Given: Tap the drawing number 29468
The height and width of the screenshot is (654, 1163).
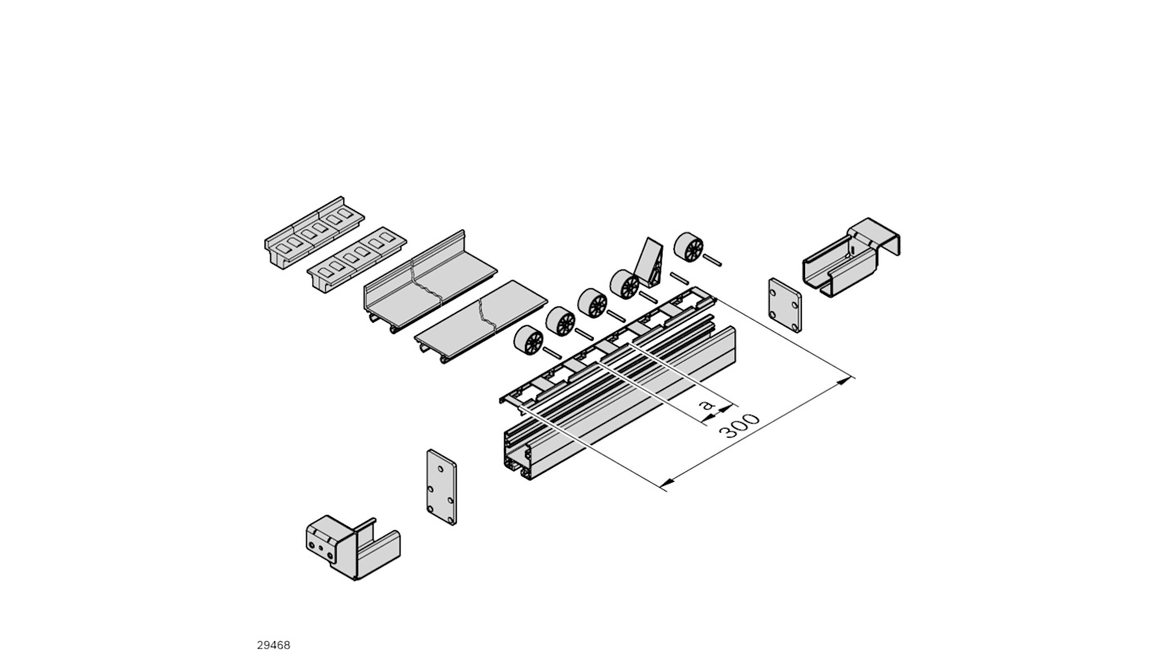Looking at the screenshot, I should pos(274,645).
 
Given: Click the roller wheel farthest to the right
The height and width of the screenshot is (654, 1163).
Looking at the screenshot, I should pos(689,248).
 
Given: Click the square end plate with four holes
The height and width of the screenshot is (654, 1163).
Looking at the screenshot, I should pos(785,305).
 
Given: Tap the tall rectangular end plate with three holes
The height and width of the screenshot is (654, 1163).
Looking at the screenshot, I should pos(441,487).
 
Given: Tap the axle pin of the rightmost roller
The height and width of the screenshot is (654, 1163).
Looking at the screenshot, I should pos(710,260).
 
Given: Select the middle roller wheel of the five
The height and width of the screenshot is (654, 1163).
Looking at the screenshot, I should pos(592,302).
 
